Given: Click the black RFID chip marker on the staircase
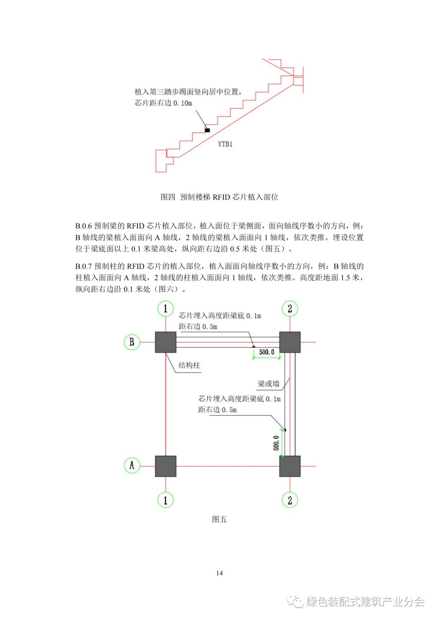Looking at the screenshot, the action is pyautogui.click(x=207, y=130).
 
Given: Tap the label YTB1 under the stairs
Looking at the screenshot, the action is pyautogui.click(x=225, y=144).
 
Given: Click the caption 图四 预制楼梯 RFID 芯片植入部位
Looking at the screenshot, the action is pyautogui.click(x=219, y=197).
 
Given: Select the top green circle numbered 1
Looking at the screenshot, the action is pyautogui.click(x=165, y=309).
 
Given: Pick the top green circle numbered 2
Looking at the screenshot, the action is pyautogui.click(x=290, y=309).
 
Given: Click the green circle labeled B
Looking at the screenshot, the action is pyautogui.click(x=132, y=342).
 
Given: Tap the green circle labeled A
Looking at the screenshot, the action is pyautogui.click(x=132, y=465).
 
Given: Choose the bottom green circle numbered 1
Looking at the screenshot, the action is pyautogui.click(x=165, y=500).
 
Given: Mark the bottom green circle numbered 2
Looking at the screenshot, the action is pyautogui.click(x=290, y=500).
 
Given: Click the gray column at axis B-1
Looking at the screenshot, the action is pyautogui.click(x=165, y=342).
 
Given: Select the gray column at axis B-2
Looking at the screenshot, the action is pyautogui.click(x=290, y=342).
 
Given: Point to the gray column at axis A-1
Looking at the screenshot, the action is pyautogui.click(x=165, y=466).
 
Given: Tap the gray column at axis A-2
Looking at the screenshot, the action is pyautogui.click(x=290, y=466).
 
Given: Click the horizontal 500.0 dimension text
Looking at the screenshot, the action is pyautogui.click(x=267, y=352).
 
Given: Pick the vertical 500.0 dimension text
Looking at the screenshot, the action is pyautogui.click(x=276, y=443).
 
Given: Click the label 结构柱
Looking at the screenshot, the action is pyautogui.click(x=189, y=365).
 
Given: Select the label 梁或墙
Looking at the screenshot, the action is pyautogui.click(x=268, y=384).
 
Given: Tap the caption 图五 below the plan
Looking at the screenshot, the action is pyautogui.click(x=219, y=519).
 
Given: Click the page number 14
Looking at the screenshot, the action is pyautogui.click(x=219, y=573).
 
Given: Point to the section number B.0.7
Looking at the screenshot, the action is pyautogui.click(x=83, y=267).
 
